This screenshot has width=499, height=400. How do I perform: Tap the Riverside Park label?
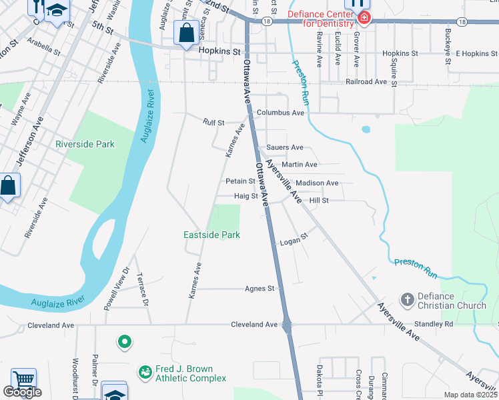(85, 144)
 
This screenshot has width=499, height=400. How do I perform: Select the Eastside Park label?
(211, 235)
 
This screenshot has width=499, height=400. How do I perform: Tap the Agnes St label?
(260, 289)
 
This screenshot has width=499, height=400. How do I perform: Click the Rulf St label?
(215, 122)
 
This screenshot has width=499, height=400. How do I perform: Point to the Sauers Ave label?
(284, 147)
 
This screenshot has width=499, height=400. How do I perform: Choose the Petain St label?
(240, 181)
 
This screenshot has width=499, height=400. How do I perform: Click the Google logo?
(23, 392)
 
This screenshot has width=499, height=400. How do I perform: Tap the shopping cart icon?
(24, 379)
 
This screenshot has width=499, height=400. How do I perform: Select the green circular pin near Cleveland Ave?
(124, 343)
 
